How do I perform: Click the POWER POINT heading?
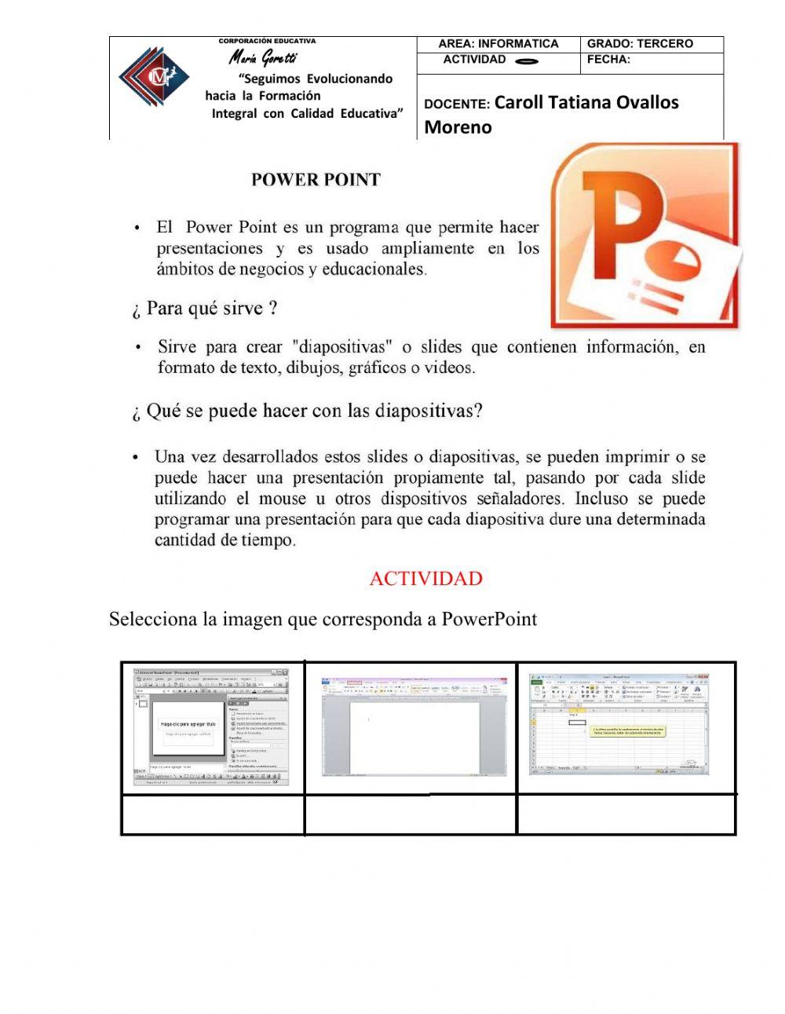tap(316, 180)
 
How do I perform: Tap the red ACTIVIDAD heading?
tap(425, 579)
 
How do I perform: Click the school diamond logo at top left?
tap(153, 76)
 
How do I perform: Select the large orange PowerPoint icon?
tap(644, 236)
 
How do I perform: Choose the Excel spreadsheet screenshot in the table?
tap(620, 723)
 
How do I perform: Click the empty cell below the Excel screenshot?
tap(626, 814)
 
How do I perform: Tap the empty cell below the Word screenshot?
tap(410, 814)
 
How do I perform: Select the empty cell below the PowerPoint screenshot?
tap(213, 814)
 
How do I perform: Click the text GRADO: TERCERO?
tap(640, 44)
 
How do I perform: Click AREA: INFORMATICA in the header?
tap(498, 44)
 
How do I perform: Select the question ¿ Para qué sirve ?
tap(204, 309)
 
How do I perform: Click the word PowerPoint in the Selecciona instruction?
tap(489, 619)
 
